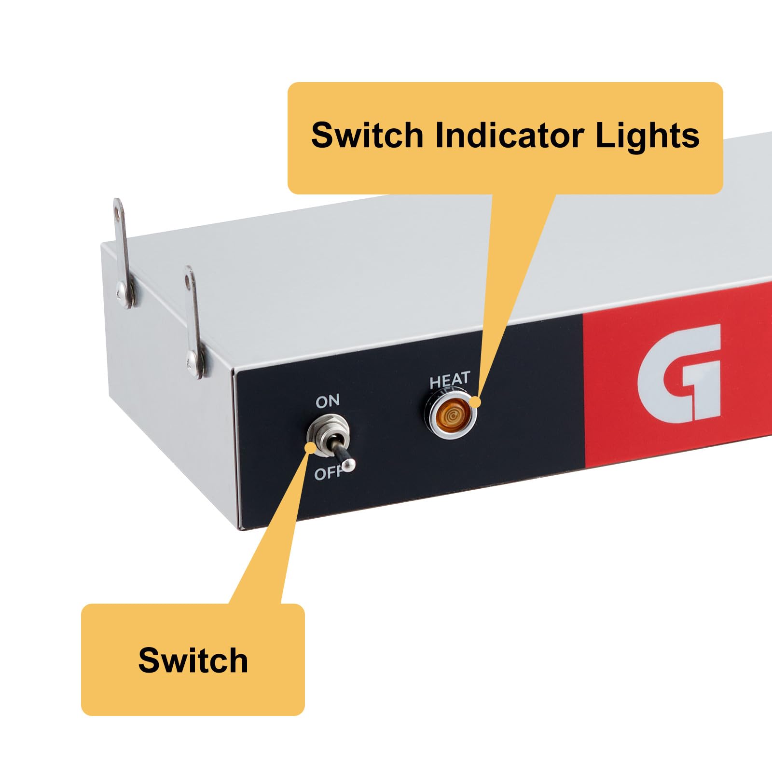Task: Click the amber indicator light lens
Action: tap(451, 415)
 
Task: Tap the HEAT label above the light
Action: tap(449, 380)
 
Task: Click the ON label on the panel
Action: tap(328, 401)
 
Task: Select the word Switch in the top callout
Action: tap(367, 136)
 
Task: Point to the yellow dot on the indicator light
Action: tap(476, 401)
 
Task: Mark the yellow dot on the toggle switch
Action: tap(311, 447)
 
